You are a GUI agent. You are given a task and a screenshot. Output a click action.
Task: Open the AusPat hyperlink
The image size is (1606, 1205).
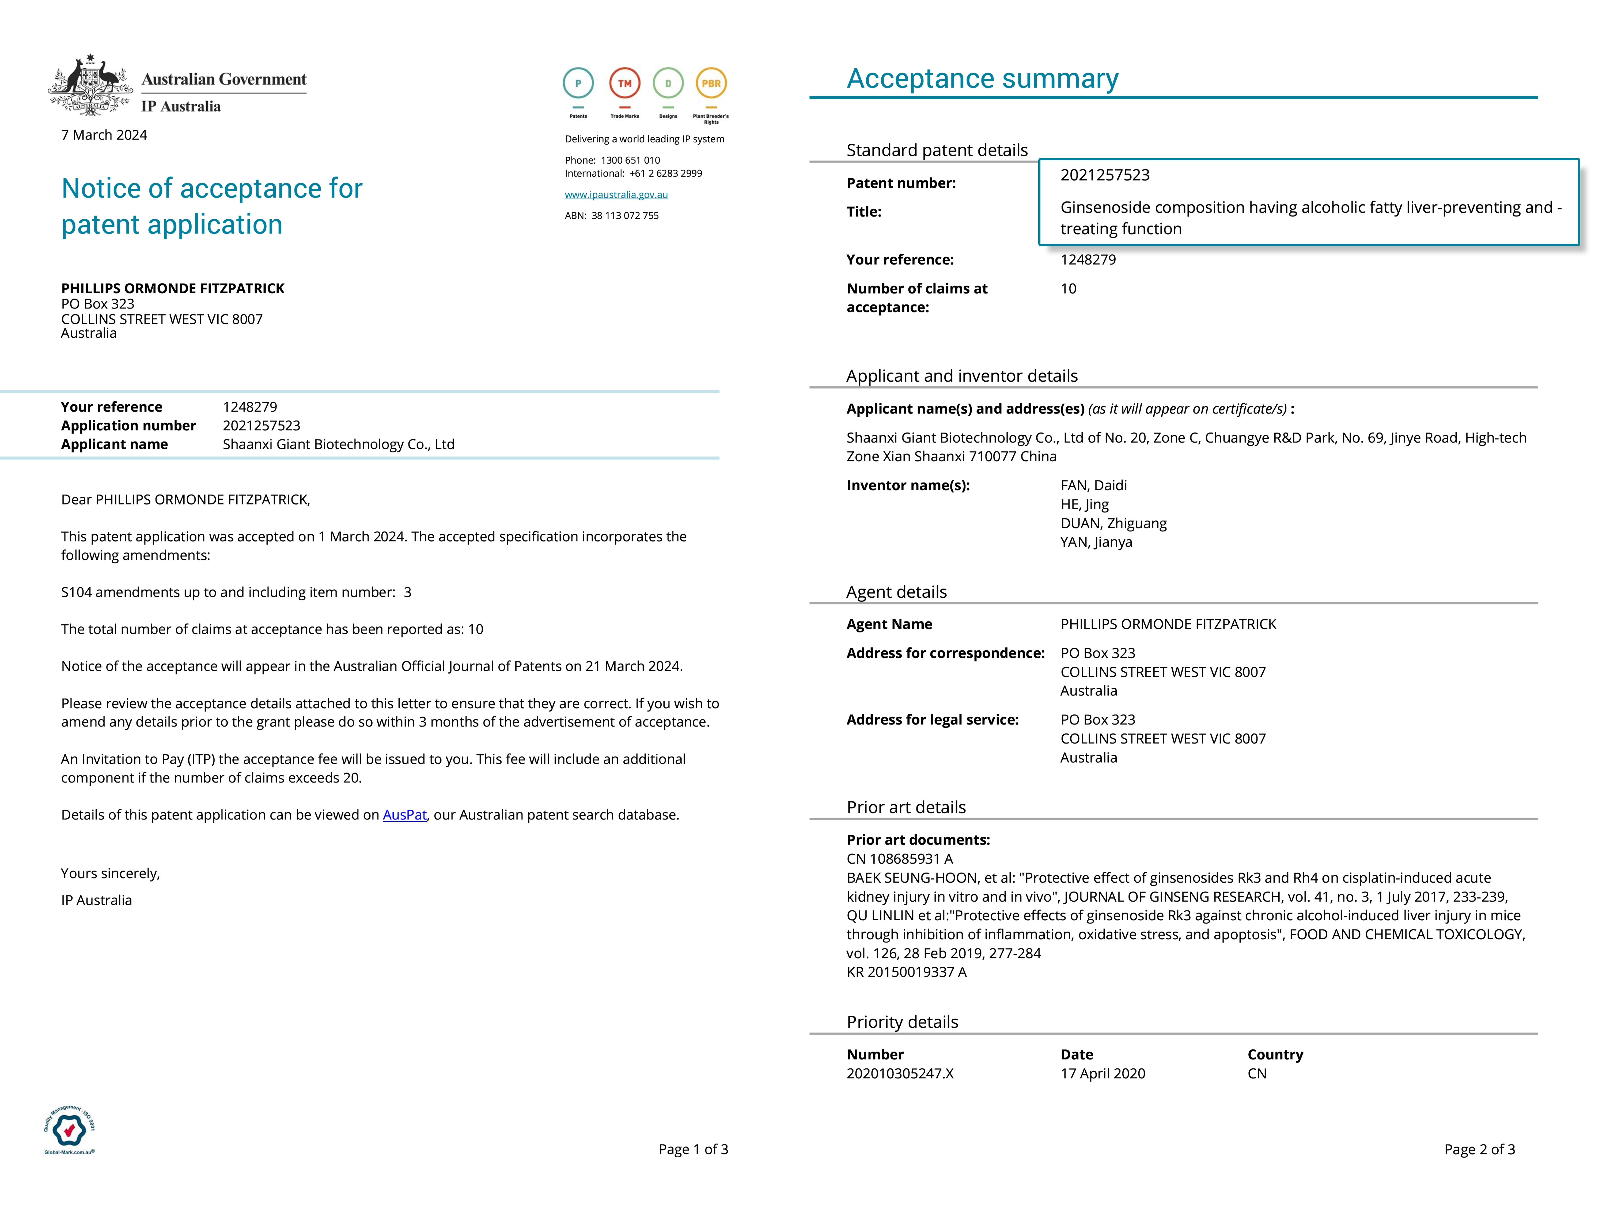pos(404,815)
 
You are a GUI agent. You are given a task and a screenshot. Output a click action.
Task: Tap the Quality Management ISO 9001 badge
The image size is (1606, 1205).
pos(69,1129)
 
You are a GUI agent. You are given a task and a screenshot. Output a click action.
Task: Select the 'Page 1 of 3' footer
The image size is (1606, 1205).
pos(693,1149)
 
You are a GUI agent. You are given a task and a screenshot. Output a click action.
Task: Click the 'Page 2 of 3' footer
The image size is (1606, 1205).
pos(1479,1149)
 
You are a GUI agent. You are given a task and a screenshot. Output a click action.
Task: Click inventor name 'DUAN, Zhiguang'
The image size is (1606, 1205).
pos(1113,523)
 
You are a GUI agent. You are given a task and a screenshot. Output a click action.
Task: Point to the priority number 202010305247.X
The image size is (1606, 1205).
pos(900,1074)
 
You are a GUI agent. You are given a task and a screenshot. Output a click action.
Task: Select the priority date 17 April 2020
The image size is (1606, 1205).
pos(1102,1074)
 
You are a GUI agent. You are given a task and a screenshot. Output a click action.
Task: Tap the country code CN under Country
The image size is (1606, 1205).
pos(1257,1074)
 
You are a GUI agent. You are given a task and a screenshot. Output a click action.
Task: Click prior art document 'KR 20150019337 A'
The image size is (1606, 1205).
pos(906,972)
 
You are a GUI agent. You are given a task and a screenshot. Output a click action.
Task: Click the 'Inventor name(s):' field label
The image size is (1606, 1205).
pos(908,485)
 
